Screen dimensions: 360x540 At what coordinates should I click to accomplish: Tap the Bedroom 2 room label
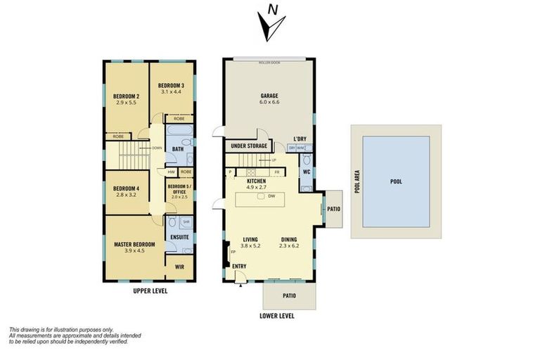coord(127,96)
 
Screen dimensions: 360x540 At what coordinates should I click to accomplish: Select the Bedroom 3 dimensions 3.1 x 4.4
coord(170,91)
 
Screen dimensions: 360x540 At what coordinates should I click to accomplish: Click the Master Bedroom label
coord(134,244)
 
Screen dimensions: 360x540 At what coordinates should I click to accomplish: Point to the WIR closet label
coord(179,267)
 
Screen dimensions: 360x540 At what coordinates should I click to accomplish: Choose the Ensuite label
coord(179,237)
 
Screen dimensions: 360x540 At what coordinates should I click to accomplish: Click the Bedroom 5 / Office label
coord(179,188)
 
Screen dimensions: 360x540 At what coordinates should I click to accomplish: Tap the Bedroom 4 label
coord(127,188)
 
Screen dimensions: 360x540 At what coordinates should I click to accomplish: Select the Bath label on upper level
coord(178,149)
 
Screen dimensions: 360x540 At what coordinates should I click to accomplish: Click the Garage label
coord(270,96)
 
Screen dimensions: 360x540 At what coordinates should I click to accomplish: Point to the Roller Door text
coord(269,63)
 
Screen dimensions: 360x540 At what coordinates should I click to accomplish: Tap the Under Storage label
coord(245,146)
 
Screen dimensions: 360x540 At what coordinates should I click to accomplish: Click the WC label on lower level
coord(307,171)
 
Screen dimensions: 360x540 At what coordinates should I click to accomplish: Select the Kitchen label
coord(255,181)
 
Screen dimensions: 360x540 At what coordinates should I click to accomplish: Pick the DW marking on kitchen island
coord(271,196)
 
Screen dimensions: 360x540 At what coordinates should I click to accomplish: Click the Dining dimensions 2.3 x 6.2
coord(289,245)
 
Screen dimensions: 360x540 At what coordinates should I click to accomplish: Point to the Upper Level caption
coord(150,290)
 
